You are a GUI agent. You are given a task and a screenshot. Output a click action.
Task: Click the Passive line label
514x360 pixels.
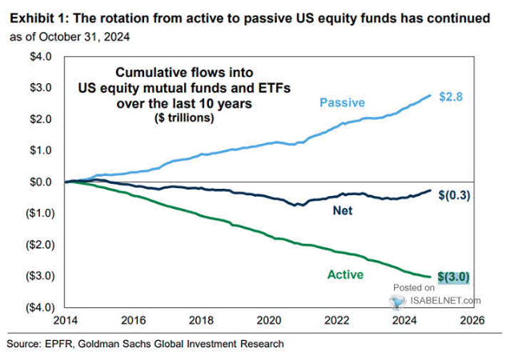pyautogui.click(x=342, y=102)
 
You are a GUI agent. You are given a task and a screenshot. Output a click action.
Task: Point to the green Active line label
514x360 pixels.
pyautogui.click(x=346, y=274)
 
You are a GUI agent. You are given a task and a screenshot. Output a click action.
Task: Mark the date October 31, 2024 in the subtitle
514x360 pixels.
pyautogui.click(x=94, y=38)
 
